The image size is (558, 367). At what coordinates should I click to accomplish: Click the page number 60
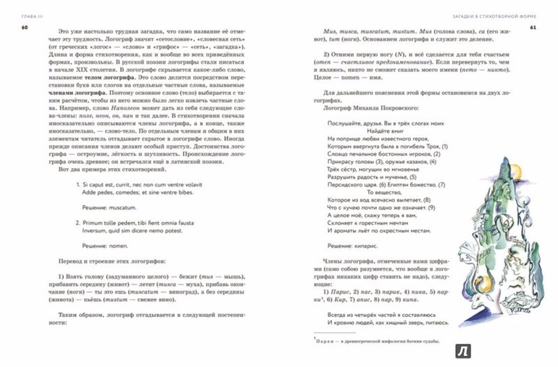click(25, 28)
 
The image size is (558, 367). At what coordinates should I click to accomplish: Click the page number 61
click(532, 28)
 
